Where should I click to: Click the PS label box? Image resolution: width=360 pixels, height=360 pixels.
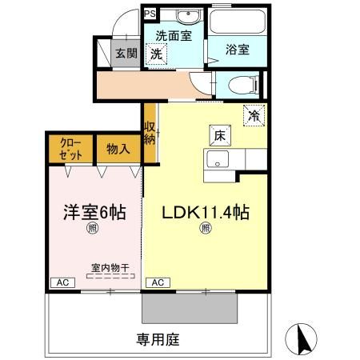point(150,14)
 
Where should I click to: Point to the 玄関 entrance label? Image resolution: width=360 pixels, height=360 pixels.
point(126,54)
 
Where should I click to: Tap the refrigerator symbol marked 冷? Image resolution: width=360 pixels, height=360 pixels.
point(254,115)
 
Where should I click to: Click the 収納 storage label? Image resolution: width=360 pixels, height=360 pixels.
point(150,133)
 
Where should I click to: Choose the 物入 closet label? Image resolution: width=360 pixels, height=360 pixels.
point(118,149)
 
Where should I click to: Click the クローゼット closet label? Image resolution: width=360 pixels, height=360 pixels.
point(70,150)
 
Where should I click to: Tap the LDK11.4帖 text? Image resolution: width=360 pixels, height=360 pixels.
point(206,213)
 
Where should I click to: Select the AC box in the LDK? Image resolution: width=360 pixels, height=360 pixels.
point(157,282)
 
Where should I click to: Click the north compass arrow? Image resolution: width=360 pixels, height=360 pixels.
point(302,338)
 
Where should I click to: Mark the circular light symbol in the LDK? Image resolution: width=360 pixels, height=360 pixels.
point(206,230)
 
